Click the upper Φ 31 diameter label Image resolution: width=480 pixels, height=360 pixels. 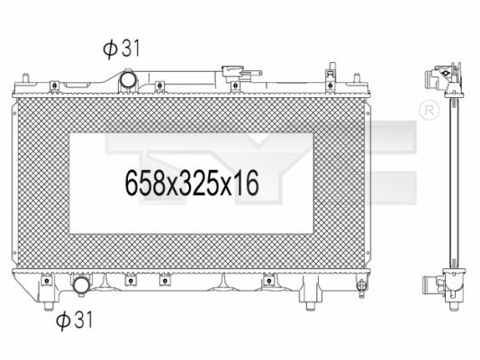click(122, 49)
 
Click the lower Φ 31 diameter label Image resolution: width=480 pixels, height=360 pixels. click(74, 319)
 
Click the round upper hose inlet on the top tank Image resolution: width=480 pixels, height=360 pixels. click(128, 79)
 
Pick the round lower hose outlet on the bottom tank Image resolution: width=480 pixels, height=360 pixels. click(81, 285)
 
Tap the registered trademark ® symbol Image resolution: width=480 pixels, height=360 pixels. click(429, 111)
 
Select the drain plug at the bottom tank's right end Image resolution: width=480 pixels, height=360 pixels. click(361, 286)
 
